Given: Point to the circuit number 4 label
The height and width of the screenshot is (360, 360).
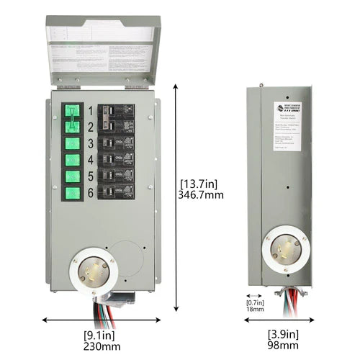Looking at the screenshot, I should coord(91,159).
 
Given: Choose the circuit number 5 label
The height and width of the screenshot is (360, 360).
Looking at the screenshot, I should coord(91,176).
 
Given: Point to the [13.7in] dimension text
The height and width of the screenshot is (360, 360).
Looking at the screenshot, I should coord(199,181).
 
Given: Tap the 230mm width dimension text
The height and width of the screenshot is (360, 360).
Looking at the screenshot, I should coord(98,346).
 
